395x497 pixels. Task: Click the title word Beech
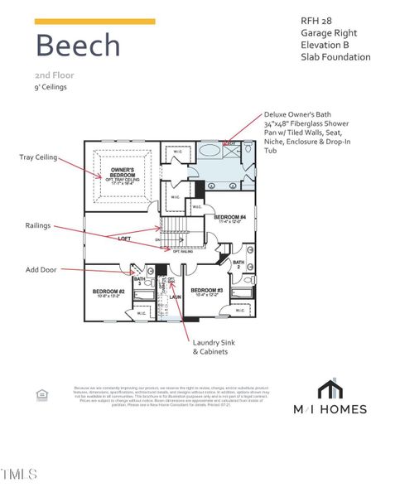pos(77,45)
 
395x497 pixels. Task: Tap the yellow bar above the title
pos(94,22)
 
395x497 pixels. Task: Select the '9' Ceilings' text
pos(51,87)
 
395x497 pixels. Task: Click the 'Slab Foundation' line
pos(335,57)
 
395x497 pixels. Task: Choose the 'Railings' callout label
pos(37,225)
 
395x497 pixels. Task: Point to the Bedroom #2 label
pos(108,292)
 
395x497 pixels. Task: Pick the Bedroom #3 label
pos(208,291)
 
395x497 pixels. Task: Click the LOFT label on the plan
pos(124,239)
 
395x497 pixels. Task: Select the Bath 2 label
pos(238,265)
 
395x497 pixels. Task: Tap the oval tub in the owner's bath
pos(210,152)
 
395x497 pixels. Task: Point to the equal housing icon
pos(42,395)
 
